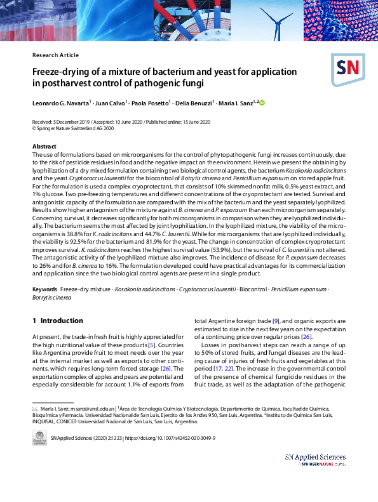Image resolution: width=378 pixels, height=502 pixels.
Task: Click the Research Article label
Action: (x=57, y=55)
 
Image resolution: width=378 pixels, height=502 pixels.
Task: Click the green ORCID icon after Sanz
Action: (x=261, y=102)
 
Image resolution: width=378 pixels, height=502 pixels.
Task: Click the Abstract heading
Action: (x=44, y=147)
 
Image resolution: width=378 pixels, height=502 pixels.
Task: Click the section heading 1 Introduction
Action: (x=58, y=320)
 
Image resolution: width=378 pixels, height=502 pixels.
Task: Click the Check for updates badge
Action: (x=39, y=439)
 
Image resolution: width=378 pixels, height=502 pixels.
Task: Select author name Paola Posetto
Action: (x=151, y=103)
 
